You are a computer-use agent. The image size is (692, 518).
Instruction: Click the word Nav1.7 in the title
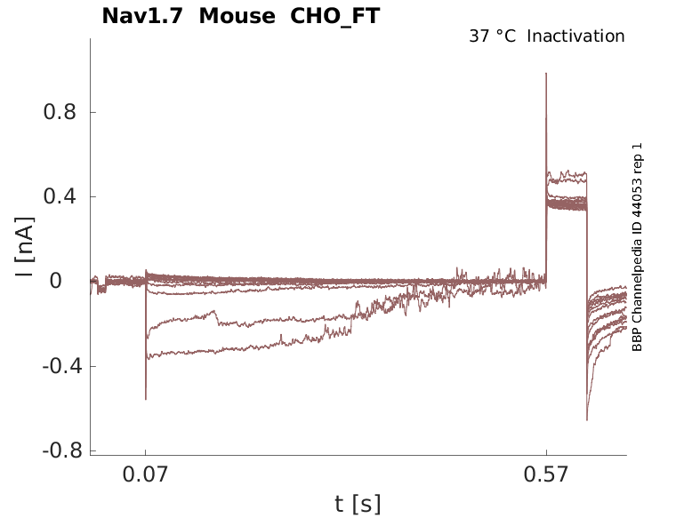[144, 16]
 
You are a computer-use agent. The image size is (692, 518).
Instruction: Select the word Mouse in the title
[237, 16]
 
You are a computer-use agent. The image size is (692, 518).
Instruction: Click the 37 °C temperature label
[492, 36]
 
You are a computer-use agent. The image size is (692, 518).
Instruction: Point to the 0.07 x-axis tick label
[146, 476]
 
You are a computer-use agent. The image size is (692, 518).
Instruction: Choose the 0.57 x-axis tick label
[546, 476]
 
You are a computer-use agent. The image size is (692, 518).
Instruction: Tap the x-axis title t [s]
[358, 505]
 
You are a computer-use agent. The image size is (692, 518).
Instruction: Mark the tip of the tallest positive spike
[546, 74]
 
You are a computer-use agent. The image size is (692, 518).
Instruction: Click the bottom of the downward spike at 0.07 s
[146, 399]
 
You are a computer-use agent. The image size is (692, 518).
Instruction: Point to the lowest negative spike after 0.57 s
[587, 419]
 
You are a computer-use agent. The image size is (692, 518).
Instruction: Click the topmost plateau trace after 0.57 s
[567, 174]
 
